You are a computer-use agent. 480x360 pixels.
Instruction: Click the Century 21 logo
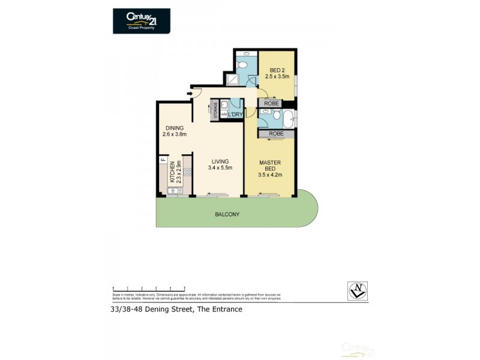(x=142, y=20)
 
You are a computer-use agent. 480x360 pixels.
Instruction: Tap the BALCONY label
(x=227, y=214)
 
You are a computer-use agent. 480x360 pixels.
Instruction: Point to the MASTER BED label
(x=270, y=170)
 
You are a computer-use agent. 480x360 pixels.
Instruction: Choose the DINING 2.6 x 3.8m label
(x=175, y=131)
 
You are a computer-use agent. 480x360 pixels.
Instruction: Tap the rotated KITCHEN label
(x=172, y=172)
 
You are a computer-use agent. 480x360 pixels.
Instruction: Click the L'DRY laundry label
(x=235, y=115)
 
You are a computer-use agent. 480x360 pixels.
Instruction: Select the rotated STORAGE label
(x=215, y=111)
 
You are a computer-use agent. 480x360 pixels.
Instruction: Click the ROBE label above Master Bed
(x=276, y=134)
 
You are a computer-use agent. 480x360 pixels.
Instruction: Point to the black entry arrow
(x=190, y=93)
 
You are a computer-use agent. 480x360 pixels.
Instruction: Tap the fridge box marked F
(x=162, y=160)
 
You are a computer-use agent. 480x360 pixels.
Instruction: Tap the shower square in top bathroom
(x=232, y=79)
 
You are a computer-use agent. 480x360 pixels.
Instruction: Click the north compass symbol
(x=358, y=290)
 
